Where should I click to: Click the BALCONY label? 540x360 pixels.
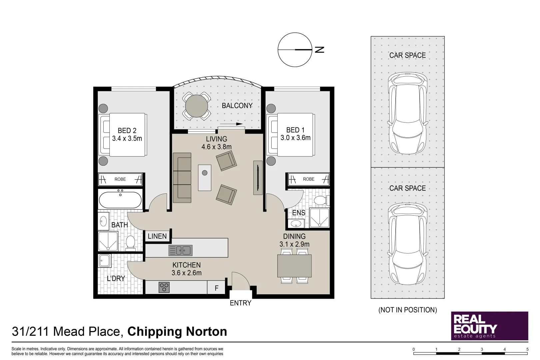(x=237, y=106)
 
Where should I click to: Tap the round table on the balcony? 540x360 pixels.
(x=196, y=106)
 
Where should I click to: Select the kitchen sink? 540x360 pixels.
(x=181, y=251)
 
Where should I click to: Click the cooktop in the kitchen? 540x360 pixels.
(x=164, y=287)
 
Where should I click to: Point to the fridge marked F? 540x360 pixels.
(x=216, y=288)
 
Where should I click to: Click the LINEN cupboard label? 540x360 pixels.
(x=157, y=236)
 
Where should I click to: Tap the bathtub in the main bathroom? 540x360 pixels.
(x=120, y=200)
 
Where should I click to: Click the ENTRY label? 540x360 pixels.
(x=241, y=303)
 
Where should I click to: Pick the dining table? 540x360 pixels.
(x=294, y=266)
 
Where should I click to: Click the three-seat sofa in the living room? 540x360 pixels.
(x=182, y=178)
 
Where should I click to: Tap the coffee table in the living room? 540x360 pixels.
(x=205, y=178)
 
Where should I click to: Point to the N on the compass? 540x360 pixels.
(x=320, y=50)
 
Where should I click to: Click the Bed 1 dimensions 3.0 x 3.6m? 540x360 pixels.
(x=295, y=138)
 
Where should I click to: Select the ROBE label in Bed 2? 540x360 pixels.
(x=120, y=179)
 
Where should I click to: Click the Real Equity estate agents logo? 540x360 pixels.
(x=490, y=326)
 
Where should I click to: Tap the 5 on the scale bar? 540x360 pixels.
(x=527, y=349)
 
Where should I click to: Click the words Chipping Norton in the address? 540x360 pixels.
(x=177, y=332)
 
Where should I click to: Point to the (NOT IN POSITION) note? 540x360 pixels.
(x=408, y=310)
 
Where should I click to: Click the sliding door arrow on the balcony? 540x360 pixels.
(x=231, y=124)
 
